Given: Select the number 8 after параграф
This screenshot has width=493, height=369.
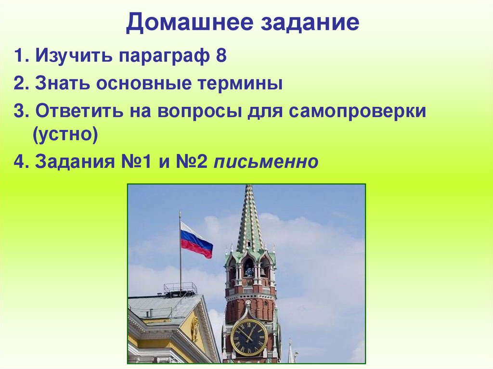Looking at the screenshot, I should click(221, 56).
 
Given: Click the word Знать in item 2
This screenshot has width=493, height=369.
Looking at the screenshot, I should click(62, 85).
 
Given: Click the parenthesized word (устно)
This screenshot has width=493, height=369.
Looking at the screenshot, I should click(65, 135).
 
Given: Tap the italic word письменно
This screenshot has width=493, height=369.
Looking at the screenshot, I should click(266, 162).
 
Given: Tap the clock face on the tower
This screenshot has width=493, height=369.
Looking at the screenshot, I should click(249, 337).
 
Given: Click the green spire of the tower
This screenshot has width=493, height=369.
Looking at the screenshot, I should click(249, 221).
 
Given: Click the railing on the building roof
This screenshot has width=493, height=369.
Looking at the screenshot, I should click(180, 288).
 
